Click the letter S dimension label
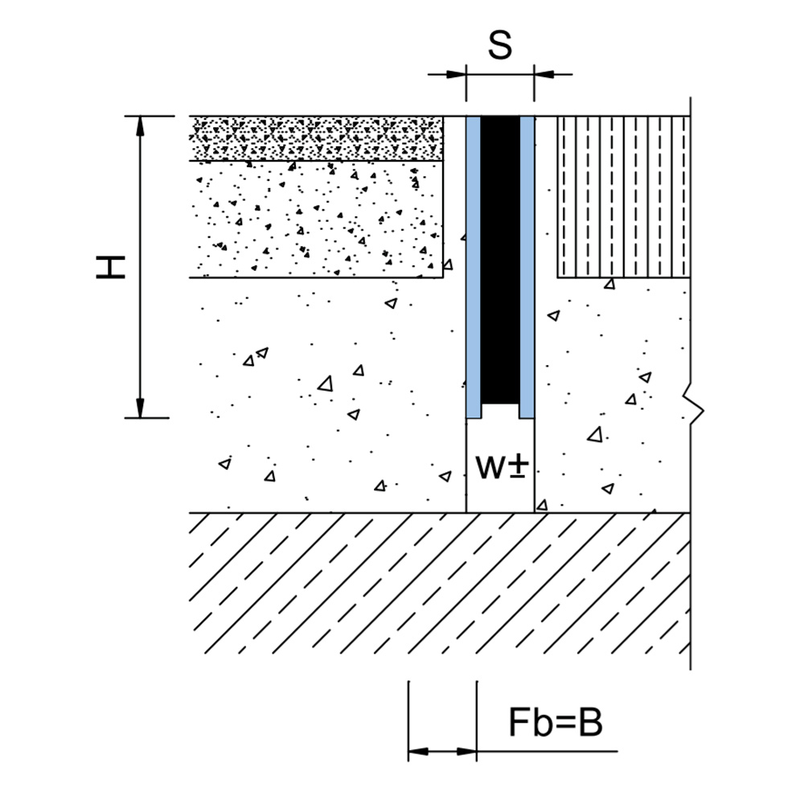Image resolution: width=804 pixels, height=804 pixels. point(500,45)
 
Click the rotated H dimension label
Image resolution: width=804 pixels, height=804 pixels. point(111,268)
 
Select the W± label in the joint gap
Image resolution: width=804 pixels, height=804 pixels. point(502,466)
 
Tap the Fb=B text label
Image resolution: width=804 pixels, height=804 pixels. point(556,722)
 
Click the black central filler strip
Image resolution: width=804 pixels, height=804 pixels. point(500,260)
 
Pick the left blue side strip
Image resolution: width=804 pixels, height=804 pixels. point(474,267)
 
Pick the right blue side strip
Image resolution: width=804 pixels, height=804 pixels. point(527,267)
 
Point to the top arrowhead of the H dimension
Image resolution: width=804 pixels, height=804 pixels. point(140,126)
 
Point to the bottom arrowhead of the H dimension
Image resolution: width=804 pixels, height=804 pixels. point(140,408)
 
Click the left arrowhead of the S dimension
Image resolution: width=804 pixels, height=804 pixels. point(456,74)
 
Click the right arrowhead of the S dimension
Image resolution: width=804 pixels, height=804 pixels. point(544,74)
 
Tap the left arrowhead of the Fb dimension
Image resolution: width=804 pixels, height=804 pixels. point(418,752)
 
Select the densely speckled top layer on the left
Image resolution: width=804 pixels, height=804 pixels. point(316,138)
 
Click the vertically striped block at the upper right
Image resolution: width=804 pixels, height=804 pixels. point(624,197)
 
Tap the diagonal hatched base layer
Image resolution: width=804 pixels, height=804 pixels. point(440,584)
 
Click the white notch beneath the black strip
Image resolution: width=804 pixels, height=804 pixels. point(500,411)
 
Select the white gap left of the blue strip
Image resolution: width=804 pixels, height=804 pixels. point(455,314)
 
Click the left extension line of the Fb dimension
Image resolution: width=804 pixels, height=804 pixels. point(408,721)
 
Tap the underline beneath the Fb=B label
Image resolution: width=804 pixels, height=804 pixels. point(547,752)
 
